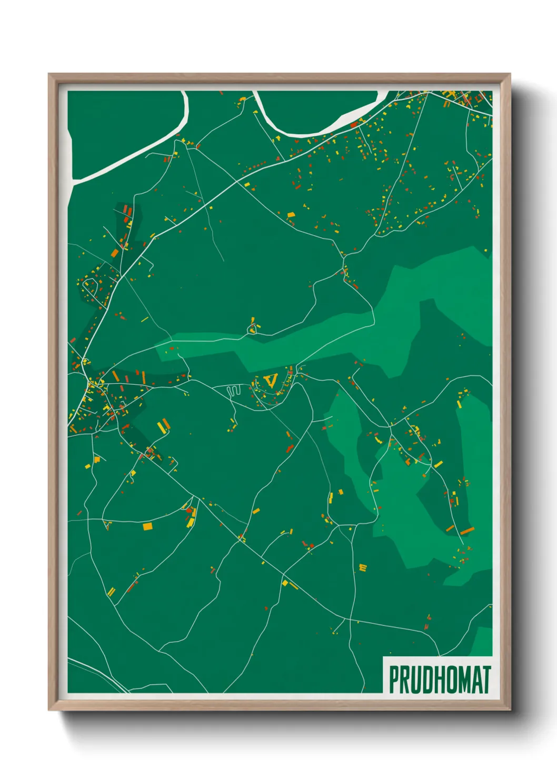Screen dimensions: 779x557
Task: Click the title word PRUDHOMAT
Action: coord(440,680)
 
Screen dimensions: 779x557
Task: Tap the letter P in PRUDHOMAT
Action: coord(393,680)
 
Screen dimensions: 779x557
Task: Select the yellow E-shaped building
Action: coord(362,567)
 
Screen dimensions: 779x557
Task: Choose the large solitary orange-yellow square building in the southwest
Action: coord(147,525)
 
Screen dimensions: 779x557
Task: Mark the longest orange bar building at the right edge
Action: coord(467,531)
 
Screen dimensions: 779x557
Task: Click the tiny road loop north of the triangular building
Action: coord(253,329)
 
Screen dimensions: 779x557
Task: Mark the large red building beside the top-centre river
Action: coord(354,125)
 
